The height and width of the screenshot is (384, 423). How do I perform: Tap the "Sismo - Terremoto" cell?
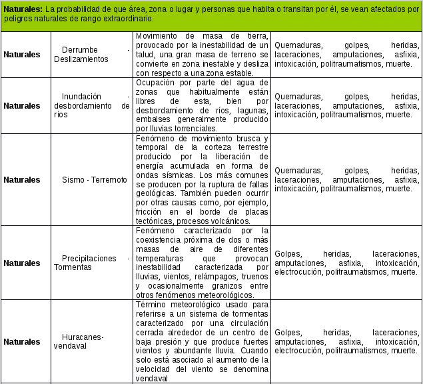point(94,180)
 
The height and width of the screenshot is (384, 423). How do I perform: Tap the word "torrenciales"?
point(204,128)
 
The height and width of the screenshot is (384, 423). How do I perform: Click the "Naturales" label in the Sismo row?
point(22,180)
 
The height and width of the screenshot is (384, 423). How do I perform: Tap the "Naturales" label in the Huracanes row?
point(22,341)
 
